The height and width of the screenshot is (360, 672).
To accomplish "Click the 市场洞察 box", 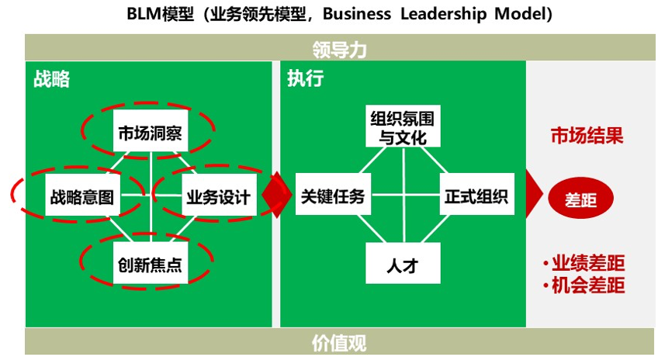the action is point(151,130).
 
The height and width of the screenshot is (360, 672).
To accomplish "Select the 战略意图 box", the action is point(82,195).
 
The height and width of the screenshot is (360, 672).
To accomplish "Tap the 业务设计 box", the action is point(219,195).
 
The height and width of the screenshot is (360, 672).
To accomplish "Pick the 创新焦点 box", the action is point(151,263).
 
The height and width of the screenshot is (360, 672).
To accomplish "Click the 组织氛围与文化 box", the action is point(403,126).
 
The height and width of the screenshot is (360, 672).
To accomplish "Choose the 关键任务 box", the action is point(333,194).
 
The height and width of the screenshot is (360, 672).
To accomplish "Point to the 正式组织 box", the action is point(477,194).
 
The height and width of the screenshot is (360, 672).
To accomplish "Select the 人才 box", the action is point(403,263).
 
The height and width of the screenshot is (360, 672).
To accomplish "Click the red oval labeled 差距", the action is point(580,199).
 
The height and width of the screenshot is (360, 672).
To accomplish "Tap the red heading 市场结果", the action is point(587,136).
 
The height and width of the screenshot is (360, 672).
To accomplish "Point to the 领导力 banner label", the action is point(339,50).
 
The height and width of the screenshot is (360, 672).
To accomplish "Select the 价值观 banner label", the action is point(339,343).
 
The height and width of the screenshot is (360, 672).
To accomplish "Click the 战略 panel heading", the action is point(51,79).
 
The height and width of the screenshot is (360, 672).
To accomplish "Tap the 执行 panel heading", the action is point(306,78).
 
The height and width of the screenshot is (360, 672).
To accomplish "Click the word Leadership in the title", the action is point(444,14).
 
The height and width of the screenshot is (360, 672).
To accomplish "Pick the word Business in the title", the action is point(357,14).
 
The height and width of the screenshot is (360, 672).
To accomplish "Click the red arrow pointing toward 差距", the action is point(535,194).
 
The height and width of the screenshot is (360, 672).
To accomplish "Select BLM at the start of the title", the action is point(144,14).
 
